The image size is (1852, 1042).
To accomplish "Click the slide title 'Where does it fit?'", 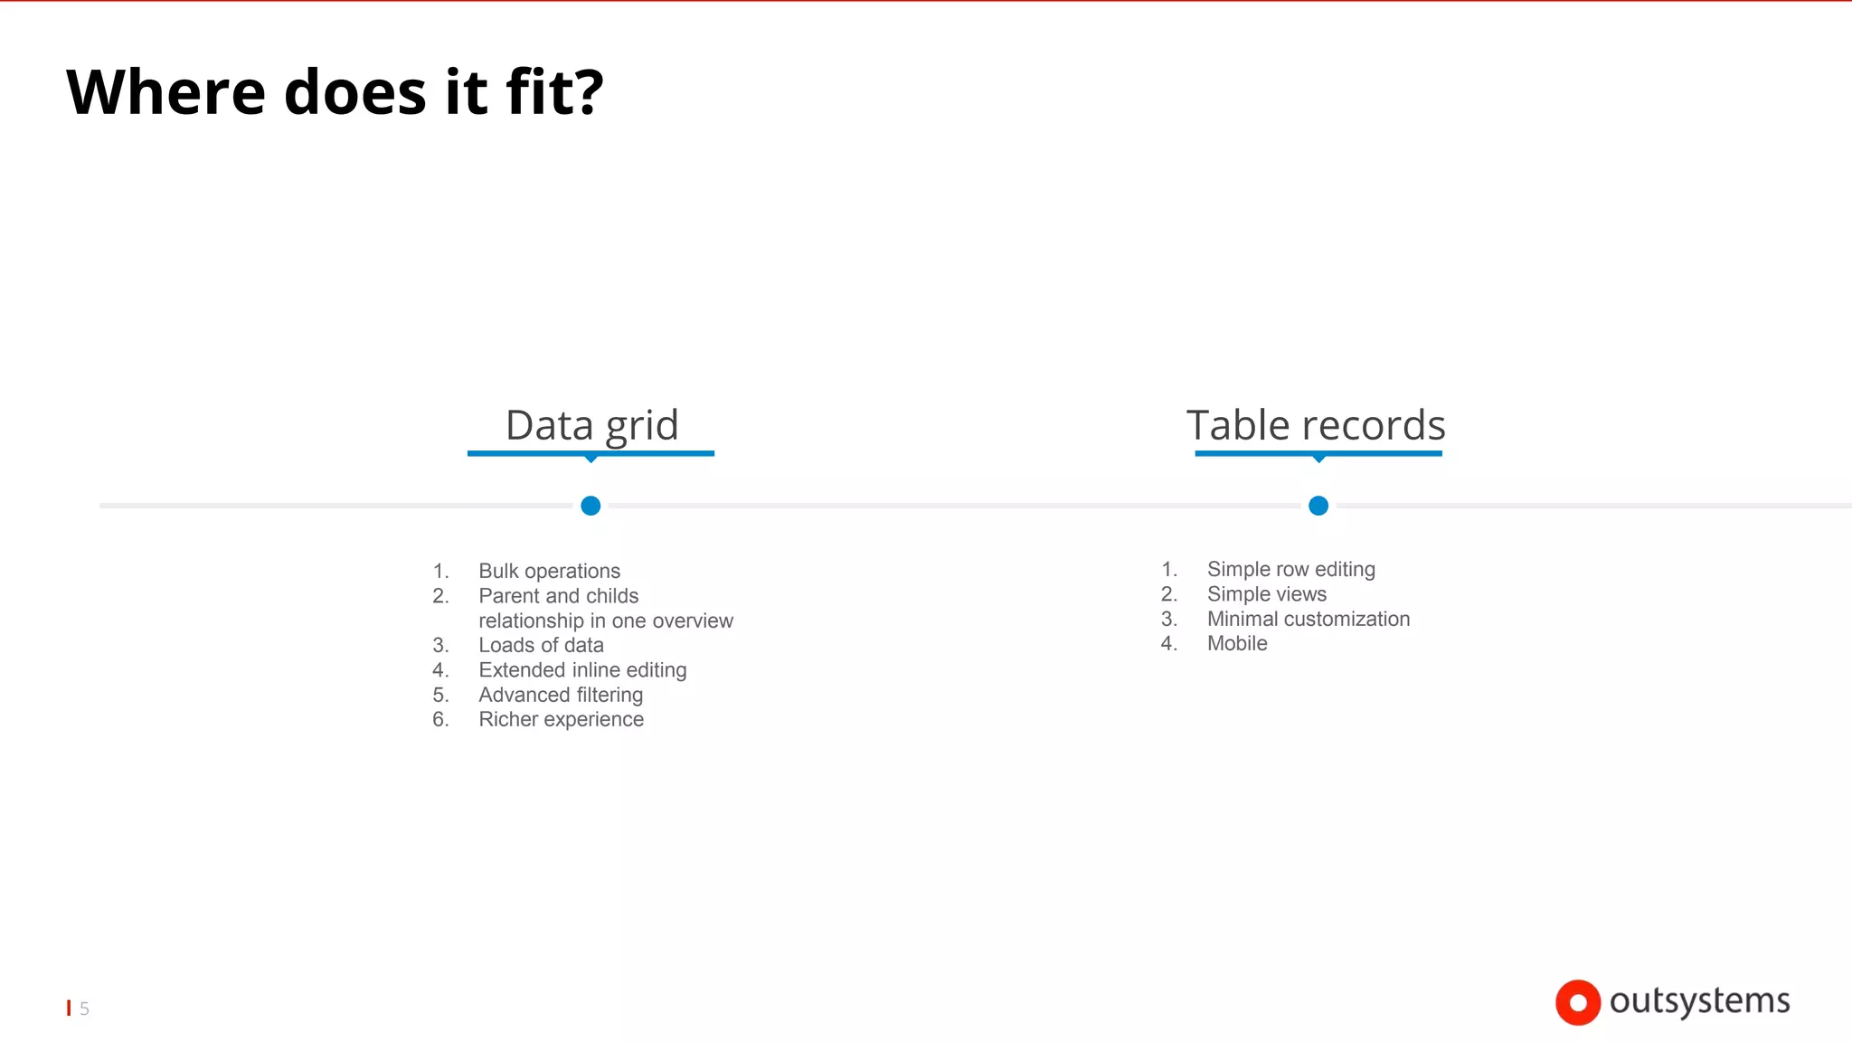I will [x=335, y=92].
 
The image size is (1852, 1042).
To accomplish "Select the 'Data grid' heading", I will [x=591, y=425].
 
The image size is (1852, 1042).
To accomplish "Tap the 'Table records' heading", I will [x=1316, y=425].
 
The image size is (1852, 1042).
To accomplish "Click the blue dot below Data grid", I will [x=591, y=506].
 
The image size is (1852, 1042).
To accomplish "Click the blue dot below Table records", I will [x=1318, y=506].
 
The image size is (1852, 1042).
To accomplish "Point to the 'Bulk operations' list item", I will [x=549, y=571].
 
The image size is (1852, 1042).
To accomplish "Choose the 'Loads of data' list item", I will [x=541, y=645].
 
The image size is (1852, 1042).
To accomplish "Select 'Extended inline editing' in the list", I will [x=582, y=670].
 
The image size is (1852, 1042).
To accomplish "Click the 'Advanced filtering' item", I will [x=561, y=695].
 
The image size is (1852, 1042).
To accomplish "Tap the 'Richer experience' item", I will [x=561, y=719].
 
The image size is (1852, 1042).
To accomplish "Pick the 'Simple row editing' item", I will [x=1290, y=569].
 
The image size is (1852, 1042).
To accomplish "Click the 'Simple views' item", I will [x=1266, y=594].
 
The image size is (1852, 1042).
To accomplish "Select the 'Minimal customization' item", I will [x=1308, y=619].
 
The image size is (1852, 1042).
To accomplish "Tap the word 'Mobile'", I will [x=1237, y=643].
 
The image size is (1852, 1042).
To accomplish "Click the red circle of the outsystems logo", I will [x=1578, y=1002].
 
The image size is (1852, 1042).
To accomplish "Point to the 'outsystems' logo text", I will [x=1699, y=1001].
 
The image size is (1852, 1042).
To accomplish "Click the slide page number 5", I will [x=84, y=1009].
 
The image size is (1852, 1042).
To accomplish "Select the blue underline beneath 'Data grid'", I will [x=591, y=453].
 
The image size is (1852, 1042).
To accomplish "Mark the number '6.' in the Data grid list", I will [x=440, y=719].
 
